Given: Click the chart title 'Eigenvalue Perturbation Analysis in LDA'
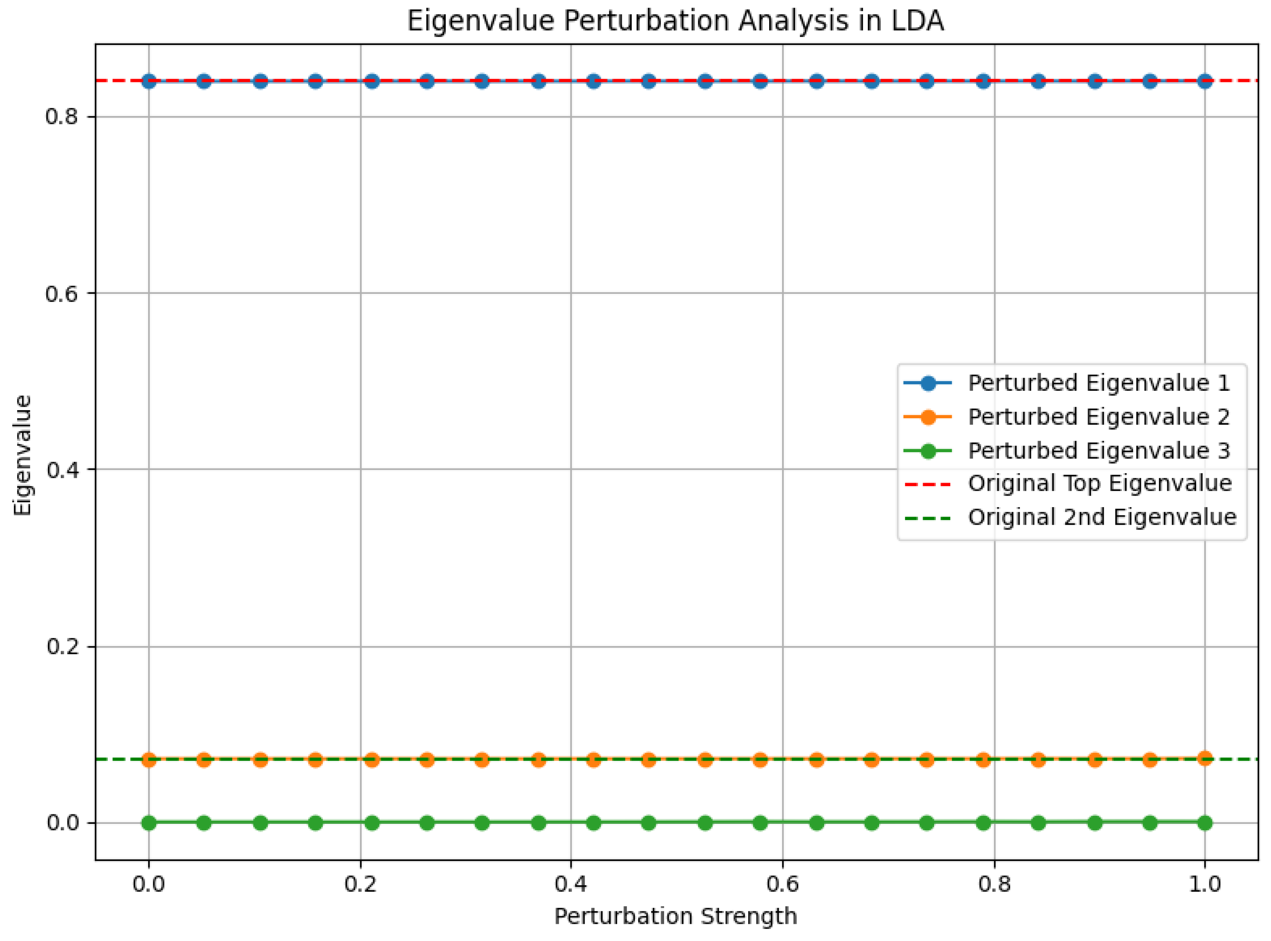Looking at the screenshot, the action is [x=675, y=21].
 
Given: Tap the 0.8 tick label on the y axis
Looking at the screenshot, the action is [x=61, y=117].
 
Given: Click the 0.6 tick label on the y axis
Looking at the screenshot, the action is [x=61, y=293].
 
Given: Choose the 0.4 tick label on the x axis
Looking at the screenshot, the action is [x=571, y=884].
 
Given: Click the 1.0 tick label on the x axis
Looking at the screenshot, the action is [x=1204, y=884].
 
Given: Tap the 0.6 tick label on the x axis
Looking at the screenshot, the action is [x=783, y=884].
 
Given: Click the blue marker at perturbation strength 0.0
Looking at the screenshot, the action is [x=149, y=81].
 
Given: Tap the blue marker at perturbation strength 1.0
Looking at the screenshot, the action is [x=1204, y=81].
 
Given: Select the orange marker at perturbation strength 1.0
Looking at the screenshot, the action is [x=1204, y=758].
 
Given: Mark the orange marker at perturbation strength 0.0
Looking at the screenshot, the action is [x=149, y=759].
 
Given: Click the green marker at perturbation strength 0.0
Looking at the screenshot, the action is [x=149, y=823].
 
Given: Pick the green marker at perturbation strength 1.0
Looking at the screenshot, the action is [x=1204, y=823].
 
